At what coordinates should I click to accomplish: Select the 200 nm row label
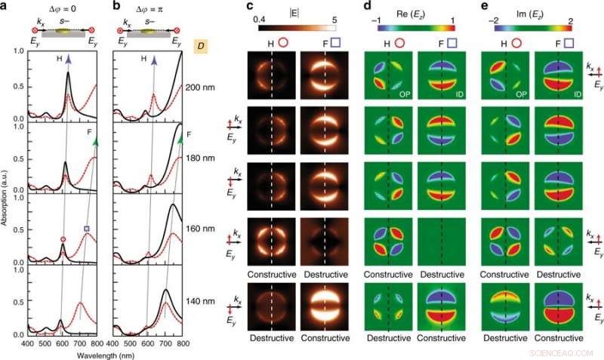pyautogui.click(x=199, y=88)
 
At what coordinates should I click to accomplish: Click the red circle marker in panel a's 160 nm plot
pyautogui.click(x=63, y=239)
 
